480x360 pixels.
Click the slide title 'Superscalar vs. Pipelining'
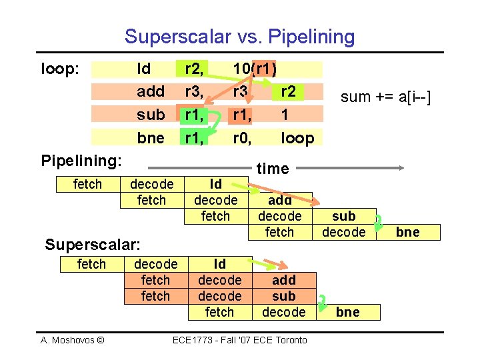click(x=239, y=36)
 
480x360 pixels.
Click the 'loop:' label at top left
click(x=61, y=68)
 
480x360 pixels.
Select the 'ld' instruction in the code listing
click(x=143, y=69)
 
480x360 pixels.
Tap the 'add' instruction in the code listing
click(x=150, y=91)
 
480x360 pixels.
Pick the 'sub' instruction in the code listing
click(x=150, y=114)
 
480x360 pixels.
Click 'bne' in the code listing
click(x=150, y=137)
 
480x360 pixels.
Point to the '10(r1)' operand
click(x=255, y=69)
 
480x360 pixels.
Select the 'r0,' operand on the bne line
click(x=241, y=137)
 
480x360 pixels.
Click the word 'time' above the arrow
click(x=273, y=169)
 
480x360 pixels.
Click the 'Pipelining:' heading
click(x=81, y=161)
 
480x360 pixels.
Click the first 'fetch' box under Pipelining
click(x=87, y=184)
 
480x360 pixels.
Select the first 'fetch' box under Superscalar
click(x=91, y=264)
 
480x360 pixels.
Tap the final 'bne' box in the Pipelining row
click(x=407, y=232)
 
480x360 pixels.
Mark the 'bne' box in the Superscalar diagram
click(x=347, y=312)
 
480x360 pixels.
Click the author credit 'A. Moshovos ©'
click(x=73, y=340)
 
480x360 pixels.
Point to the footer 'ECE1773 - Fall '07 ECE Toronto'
click(x=240, y=340)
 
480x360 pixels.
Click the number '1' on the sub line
click(x=285, y=114)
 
